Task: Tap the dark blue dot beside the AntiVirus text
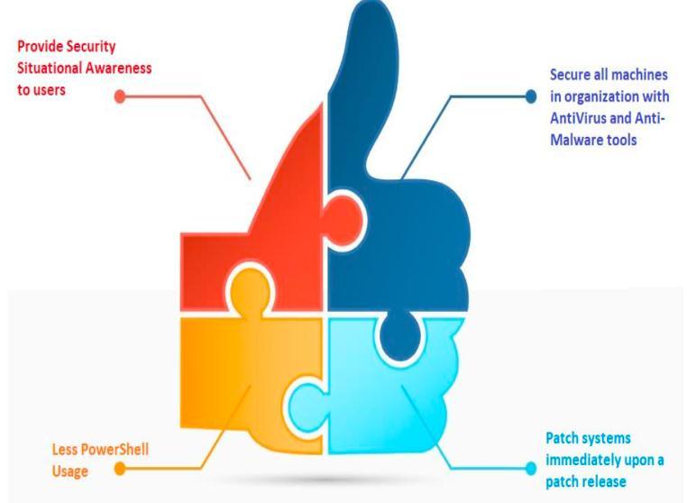pos(531,96)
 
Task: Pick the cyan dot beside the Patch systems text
pos(529,469)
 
